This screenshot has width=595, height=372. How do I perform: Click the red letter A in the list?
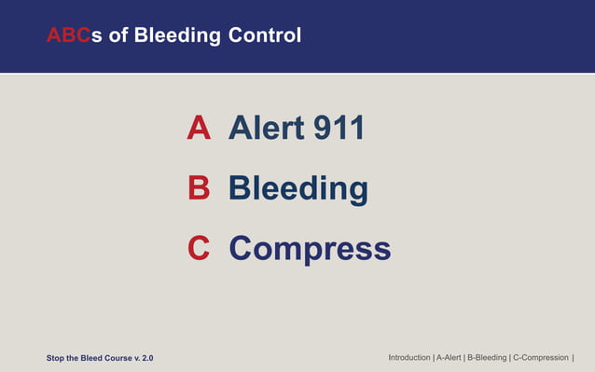[199, 128]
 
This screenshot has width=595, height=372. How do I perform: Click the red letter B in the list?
[199, 188]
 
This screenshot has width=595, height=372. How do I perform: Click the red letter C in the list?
[199, 249]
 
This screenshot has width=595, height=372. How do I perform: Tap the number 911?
[338, 128]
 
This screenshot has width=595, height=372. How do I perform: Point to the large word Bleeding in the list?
[298, 188]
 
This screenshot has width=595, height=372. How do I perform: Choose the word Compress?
[310, 249]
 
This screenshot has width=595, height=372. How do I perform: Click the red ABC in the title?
[68, 36]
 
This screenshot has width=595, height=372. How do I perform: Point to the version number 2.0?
[147, 358]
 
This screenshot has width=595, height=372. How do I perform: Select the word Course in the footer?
[115, 358]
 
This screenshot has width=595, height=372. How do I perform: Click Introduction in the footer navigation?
[409, 357]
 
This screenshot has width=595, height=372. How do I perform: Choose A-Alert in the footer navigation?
[449, 357]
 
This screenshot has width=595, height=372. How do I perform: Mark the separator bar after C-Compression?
[573, 357]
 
